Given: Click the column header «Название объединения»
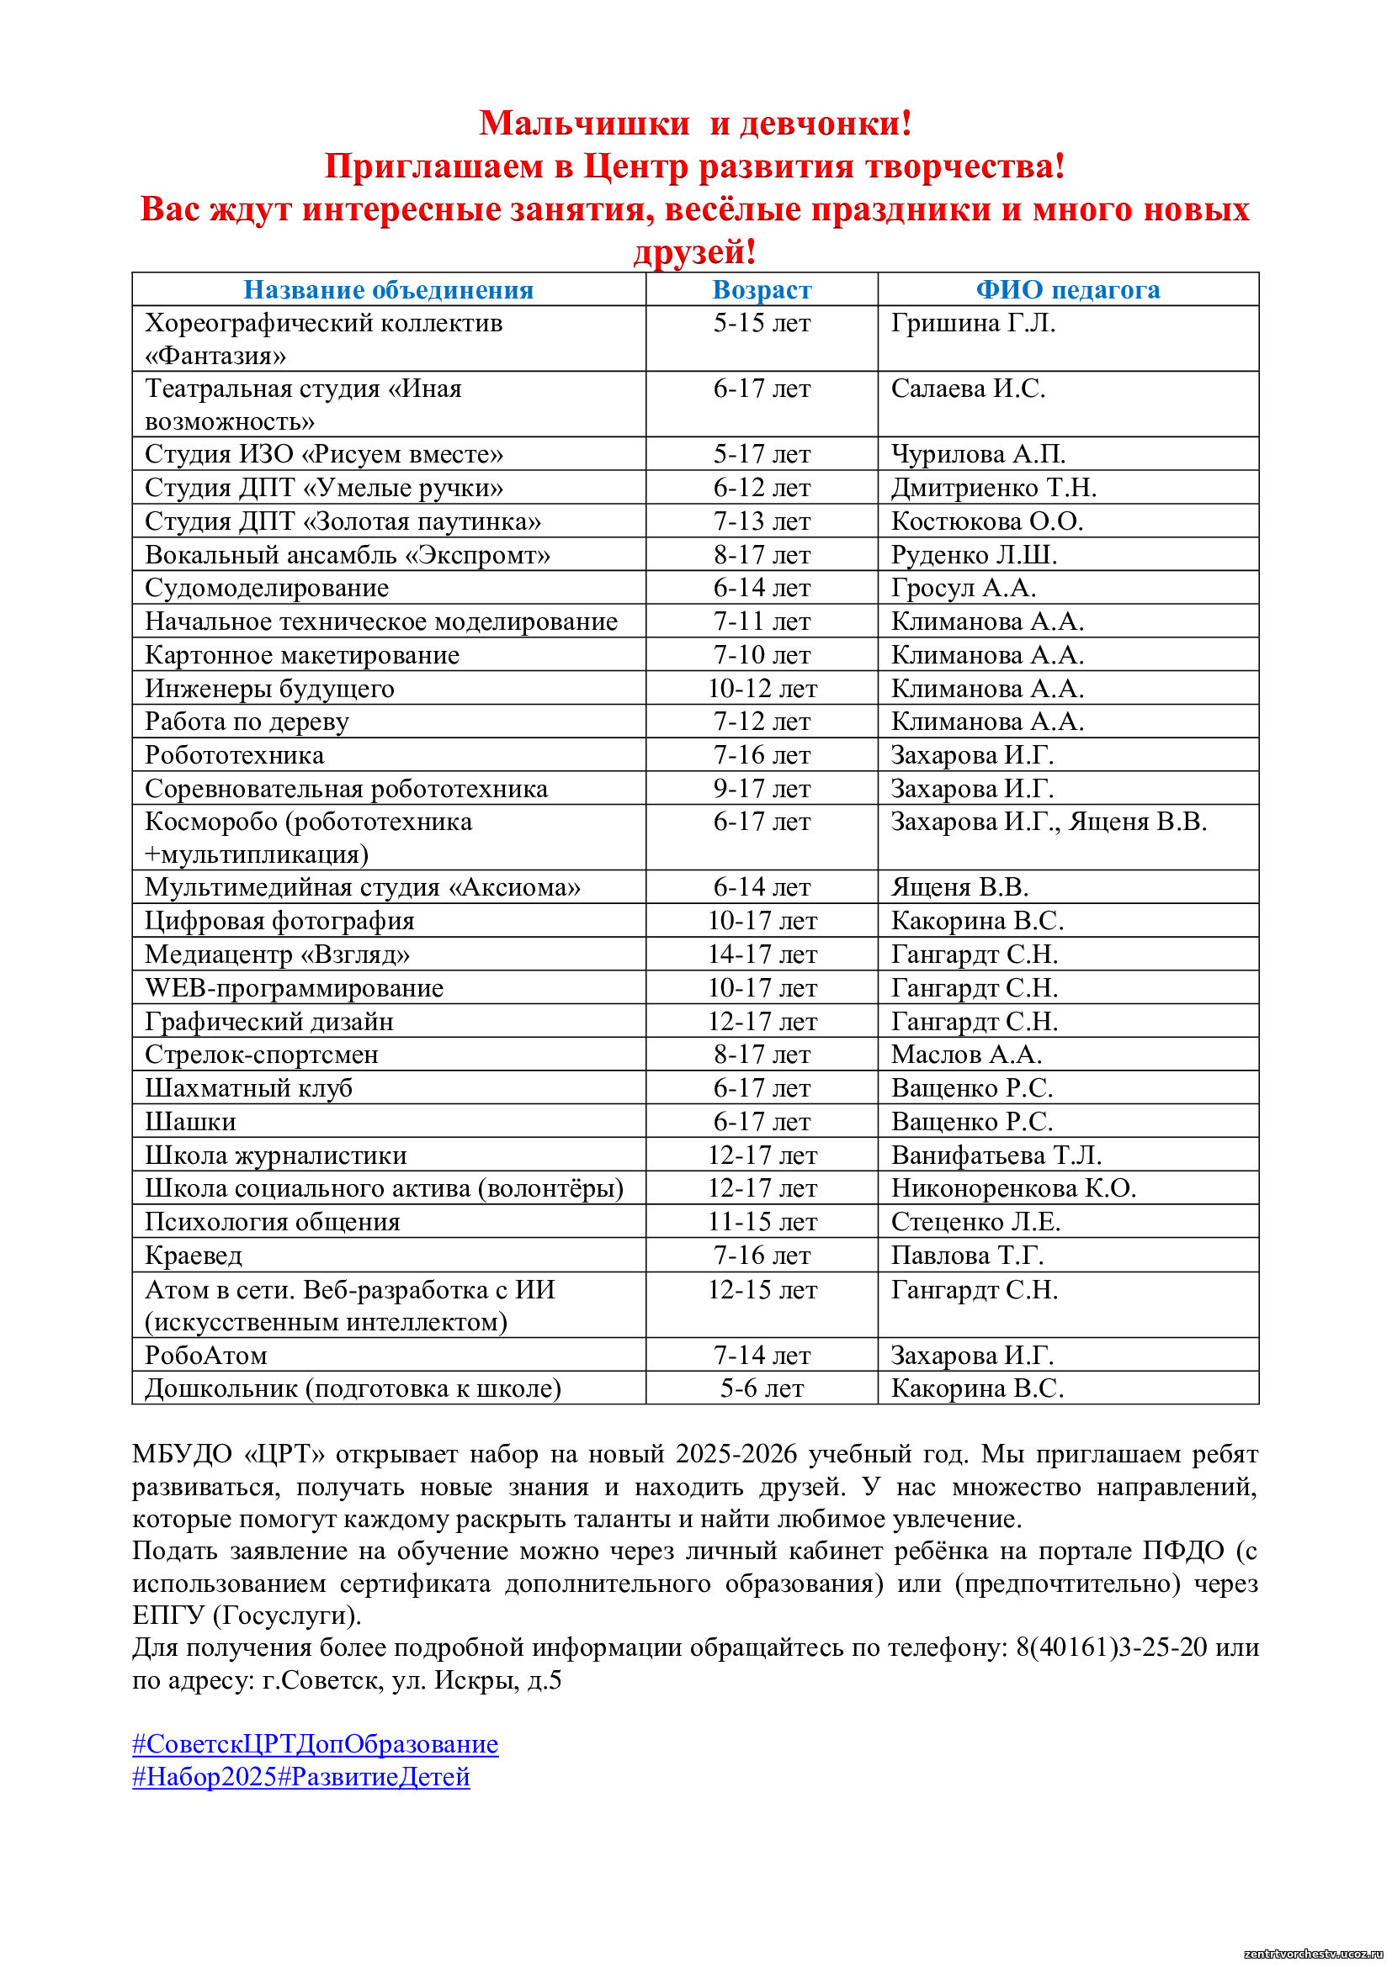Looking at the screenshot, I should tap(388, 289).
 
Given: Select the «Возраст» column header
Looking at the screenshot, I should tap(761, 289).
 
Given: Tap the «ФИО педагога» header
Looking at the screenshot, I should tap(1067, 289).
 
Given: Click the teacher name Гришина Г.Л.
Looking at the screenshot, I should tap(973, 323).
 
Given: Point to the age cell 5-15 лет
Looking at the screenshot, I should tap(761, 323).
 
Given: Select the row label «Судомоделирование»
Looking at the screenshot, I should tap(267, 588).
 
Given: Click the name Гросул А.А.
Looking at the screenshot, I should tap(964, 588).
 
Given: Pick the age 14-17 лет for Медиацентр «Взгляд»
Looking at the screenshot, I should tap(761, 954).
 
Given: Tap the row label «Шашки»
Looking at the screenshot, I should tap(190, 1122).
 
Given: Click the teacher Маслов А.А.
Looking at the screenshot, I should tap(966, 1055).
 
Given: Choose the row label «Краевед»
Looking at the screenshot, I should tap(194, 1256).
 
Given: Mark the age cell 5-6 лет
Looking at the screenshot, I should tap(761, 1388).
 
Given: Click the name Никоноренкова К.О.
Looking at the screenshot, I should tap(1013, 1188).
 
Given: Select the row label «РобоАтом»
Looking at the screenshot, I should tap(205, 1356).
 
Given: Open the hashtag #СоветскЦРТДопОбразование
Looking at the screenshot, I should tap(315, 1744).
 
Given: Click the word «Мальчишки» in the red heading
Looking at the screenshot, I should tap(584, 124).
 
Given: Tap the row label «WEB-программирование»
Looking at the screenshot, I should tap(294, 988).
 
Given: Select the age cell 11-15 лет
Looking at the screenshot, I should tap(761, 1222).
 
